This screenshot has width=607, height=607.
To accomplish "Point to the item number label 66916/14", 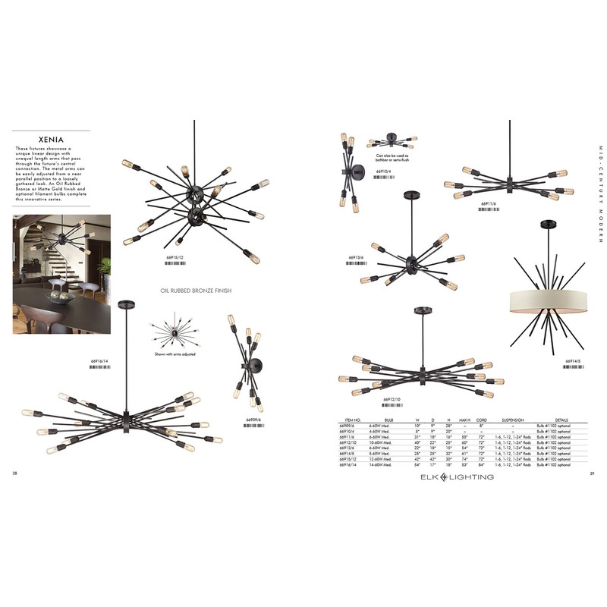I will pyautogui.click(x=99, y=361).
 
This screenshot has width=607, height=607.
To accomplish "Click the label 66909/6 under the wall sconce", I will pyautogui.click(x=253, y=420).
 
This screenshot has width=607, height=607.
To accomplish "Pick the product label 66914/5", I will pyautogui.click(x=574, y=361).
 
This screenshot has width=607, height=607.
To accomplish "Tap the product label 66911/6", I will pyautogui.click(x=489, y=204).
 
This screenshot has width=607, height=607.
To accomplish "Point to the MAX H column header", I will pyautogui.click(x=464, y=420).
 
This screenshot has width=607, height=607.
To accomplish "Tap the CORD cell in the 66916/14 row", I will pyautogui.click(x=480, y=464).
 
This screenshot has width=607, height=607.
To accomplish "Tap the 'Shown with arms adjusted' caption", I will pyautogui.click(x=176, y=354).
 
